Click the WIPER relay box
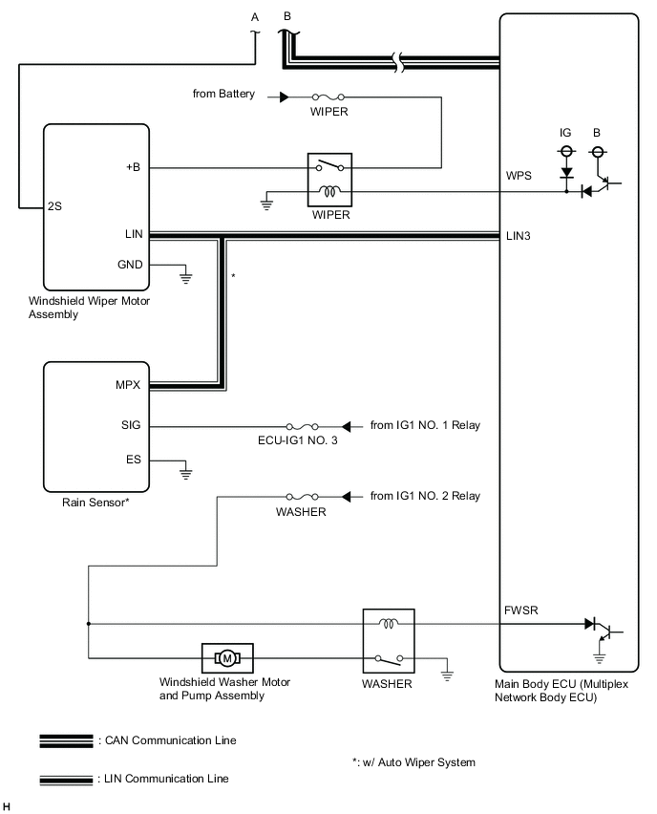[328, 179]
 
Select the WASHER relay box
[387, 641]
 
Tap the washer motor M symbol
[227, 657]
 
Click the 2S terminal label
[57, 205]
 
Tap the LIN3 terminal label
[519, 235]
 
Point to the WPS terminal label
[519, 177]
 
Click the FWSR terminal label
[520, 609]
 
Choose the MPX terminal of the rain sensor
[128, 386]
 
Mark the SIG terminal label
[132, 425]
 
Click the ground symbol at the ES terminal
[186, 470]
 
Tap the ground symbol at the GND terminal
[186, 278]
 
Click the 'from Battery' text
[223, 95]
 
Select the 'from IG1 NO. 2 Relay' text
[425, 496]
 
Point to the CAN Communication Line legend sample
[66, 740]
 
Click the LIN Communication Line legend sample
[66, 780]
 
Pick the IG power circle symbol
[565, 152]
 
